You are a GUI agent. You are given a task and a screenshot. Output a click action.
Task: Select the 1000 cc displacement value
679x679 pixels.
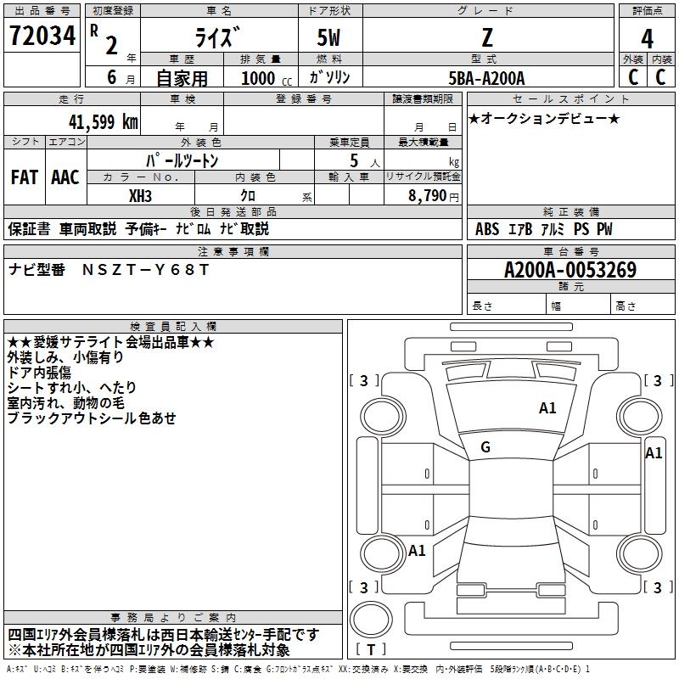(259, 78)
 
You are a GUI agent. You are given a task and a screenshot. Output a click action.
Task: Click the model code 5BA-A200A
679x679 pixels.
(486, 78)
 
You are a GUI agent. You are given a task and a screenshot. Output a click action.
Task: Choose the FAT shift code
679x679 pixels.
(24, 177)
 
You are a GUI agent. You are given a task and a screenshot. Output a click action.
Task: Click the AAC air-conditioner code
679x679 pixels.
(65, 177)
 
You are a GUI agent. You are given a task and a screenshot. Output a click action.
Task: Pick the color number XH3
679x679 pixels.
(141, 194)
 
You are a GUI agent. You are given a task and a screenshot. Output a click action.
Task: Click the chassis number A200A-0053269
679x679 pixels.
(570, 270)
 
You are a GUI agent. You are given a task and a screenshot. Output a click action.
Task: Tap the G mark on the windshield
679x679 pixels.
(485, 447)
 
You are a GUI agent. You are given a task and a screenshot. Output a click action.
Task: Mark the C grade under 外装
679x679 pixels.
(632, 77)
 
